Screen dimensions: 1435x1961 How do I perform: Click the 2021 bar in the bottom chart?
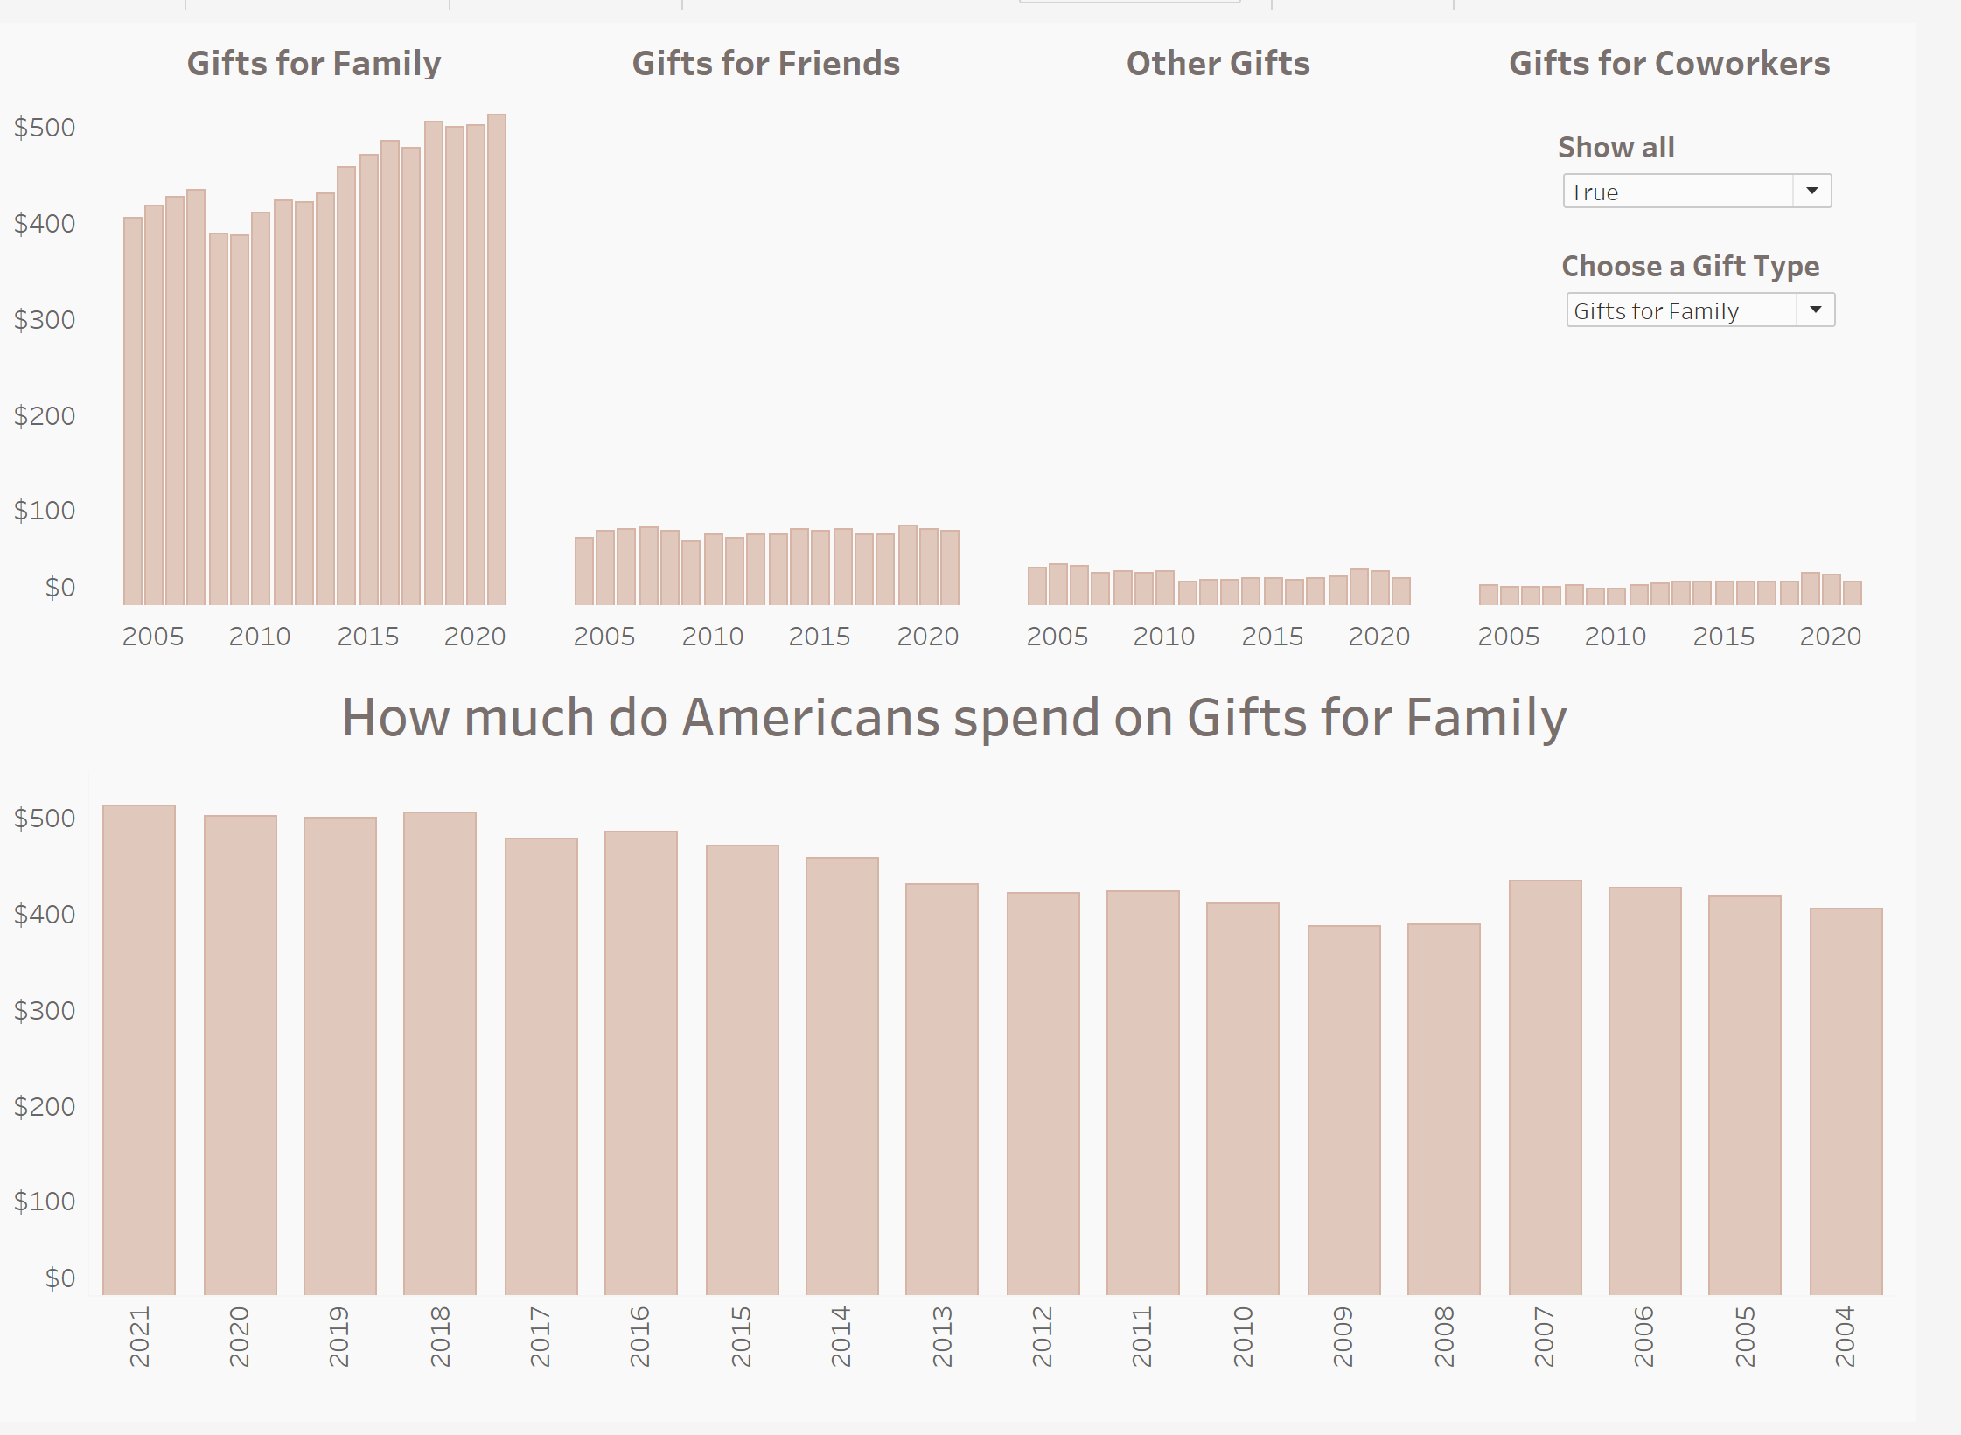pyautogui.click(x=139, y=1049)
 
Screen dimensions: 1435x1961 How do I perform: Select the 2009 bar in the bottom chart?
pyautogui.click(x=1343, y=1111)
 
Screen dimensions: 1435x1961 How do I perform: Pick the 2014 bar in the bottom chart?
pyautogui.click(x=841, y=1076)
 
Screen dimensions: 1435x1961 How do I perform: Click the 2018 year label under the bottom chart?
pyautogui.click(x=440, y=1337)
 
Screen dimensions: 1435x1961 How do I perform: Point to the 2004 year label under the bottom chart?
pyautogui.click(x=1845, y=1337)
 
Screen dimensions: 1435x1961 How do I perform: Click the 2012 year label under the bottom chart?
pyautogui.click(x=1042, y=1337)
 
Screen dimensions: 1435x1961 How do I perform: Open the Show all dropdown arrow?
pyautogui.click(x=1812, y=191)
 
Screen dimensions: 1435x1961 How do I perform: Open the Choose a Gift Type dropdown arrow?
pyautogui.click(x=1816, y=310)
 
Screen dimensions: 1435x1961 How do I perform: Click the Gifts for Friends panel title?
pyautogui.click(x=765, y=64)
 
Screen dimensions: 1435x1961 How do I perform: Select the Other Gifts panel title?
pyautogui.click(x=1218, y=64)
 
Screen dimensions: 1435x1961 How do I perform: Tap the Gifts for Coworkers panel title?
pyautogui.click(x=1669, y=64)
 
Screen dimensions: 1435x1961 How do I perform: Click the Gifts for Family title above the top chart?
pyautogui.click(x=314, y=64)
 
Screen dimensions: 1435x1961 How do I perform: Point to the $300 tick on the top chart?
pyautogui.click(x=45, y=320)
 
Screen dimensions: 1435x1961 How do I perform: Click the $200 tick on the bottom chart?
pyautogui.click(x=45, y=1107)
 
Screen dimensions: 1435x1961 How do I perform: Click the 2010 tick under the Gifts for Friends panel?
pyautogui.click(x=712, y=637)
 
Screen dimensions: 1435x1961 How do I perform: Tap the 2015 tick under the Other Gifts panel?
pyautogui.click(x=1272, y=637)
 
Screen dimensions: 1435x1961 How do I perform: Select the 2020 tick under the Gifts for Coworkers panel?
pyautogui.click(x=1830, y=637)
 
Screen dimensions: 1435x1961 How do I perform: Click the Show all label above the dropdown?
pyautogui.click(x=1616, y=147)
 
